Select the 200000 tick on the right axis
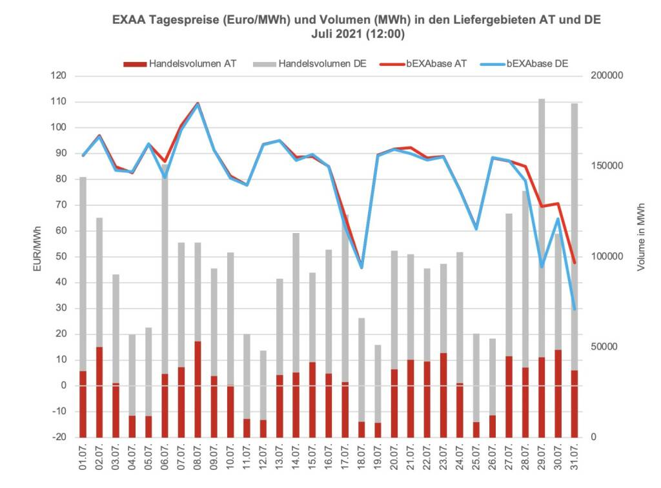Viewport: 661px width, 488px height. [x=607, y=76]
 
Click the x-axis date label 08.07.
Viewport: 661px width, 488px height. [x=198, y=460]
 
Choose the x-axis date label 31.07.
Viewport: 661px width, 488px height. [x=575, y=460]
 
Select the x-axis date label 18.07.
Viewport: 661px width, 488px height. [x=361, y=460]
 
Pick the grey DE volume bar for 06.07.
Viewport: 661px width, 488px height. [x=165, y=258]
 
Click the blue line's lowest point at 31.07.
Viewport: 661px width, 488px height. [x=574, y=309]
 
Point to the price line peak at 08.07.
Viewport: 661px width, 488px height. [x=198, y=103]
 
